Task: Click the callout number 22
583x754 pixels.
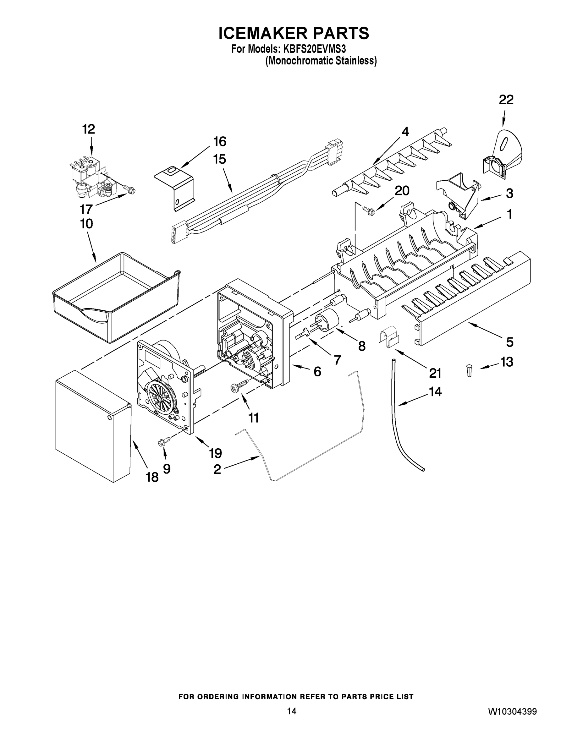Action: click(506, 100)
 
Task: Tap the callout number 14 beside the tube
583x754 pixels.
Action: click(435, 391)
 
